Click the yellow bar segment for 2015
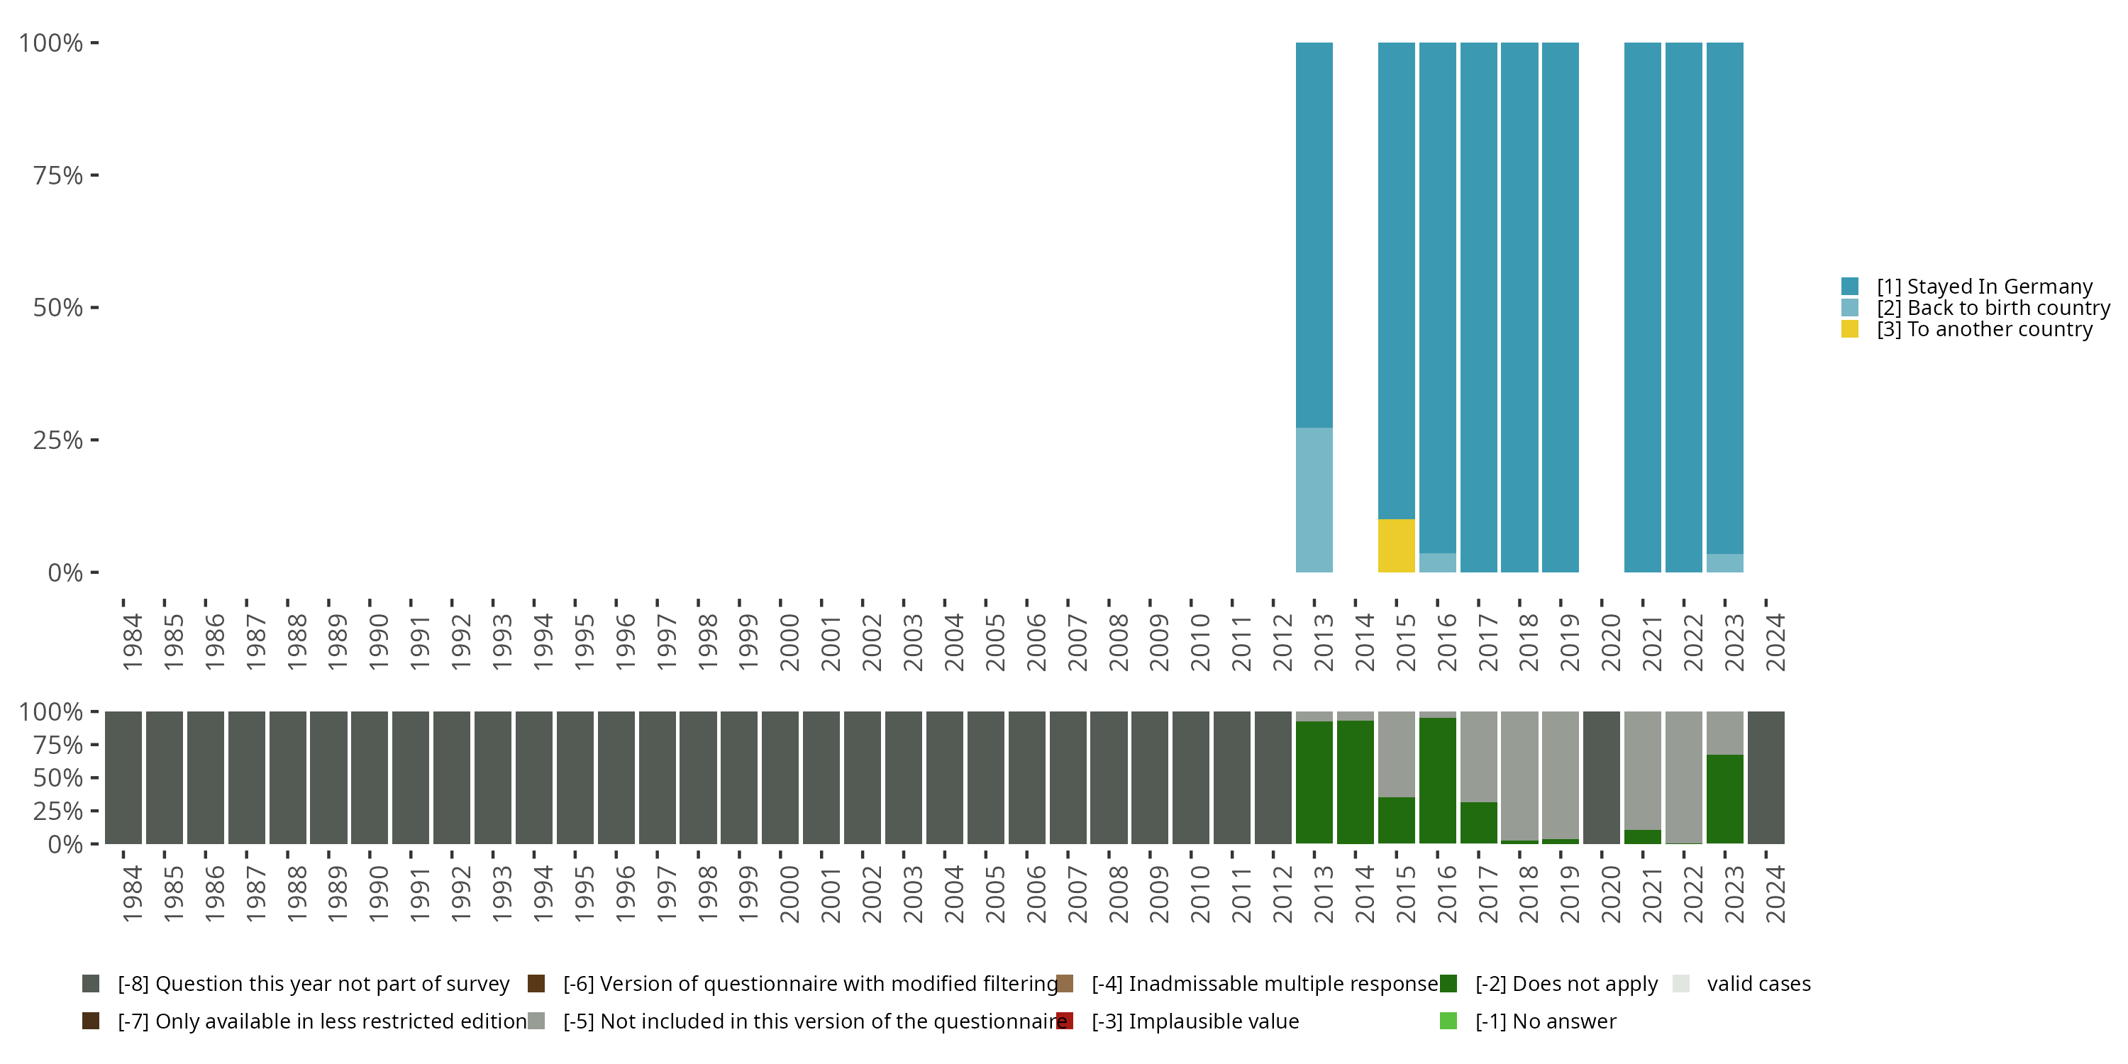[1396, 545]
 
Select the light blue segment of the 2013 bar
[1314, 500]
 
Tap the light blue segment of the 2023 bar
[1725, 563]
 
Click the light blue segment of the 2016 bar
[1437, 563]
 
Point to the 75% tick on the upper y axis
[58, 175]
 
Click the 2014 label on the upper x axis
[1364, 642]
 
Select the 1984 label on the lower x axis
[132, 894]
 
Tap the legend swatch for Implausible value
[1065, 1021]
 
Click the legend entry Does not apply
[1566, 984]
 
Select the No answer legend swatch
[1448, 1021]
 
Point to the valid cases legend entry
[1758, 984]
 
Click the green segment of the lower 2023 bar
[1725, 799]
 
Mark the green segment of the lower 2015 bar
[1396, 820]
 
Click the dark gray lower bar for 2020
[1602, 777]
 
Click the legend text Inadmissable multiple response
[1265, 984]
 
